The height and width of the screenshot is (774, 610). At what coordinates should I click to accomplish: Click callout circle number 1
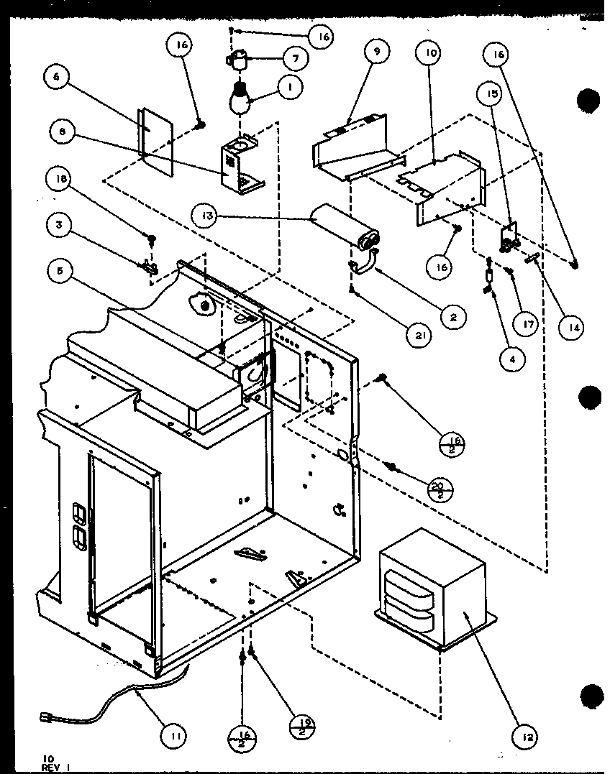point(290,88)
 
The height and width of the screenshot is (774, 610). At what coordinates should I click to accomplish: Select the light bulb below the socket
point(242,98)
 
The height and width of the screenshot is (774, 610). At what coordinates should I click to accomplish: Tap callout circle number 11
point(177,734)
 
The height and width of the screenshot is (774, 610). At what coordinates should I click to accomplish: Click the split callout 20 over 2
point(437,492)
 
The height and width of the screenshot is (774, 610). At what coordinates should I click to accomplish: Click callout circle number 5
point(60,272)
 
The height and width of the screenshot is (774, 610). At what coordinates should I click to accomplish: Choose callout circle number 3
point(60,224)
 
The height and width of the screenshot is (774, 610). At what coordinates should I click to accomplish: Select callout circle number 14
point(573,327)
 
